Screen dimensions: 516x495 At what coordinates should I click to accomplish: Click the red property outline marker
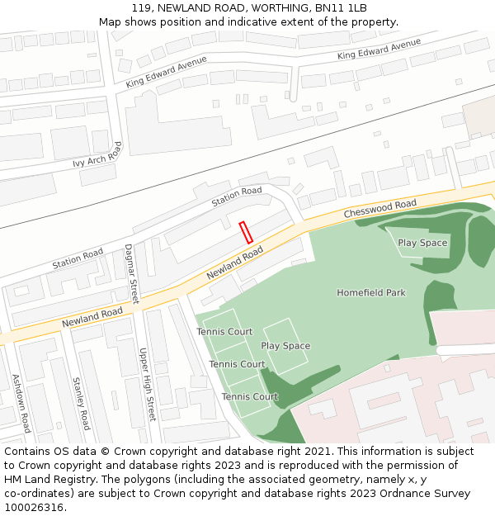(x=245, y=232)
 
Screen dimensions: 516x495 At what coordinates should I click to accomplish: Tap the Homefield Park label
(x=371, y=293)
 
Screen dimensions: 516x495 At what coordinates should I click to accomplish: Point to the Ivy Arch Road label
(x=97, y=154)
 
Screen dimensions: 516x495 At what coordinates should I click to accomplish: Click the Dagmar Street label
(x=130, y=273)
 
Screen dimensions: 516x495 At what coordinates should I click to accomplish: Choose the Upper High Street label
(x=147, y=383)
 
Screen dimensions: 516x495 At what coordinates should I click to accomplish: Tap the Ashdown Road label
(x=21, y=403)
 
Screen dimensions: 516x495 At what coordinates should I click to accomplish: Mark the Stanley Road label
(x=81, y=403)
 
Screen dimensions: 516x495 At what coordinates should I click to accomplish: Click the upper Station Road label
(x=236, y=197)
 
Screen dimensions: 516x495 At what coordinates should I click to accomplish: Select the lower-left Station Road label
(x=78, y=258)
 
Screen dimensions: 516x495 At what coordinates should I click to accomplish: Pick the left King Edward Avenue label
(x=166, y=73)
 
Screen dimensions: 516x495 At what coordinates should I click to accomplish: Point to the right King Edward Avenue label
(x=374, y=50)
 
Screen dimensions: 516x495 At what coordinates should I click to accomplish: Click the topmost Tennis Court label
(x=224, y=332)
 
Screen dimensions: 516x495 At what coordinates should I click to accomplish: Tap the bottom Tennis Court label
(x=249, y=397)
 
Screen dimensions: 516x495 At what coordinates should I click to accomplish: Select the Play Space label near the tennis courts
(x=285, y=346)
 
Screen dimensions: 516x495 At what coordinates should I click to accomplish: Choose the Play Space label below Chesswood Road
(x=422, y=243)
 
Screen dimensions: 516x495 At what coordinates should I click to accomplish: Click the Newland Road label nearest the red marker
(x=235, y=262)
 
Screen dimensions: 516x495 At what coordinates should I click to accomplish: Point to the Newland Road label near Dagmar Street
(x=92, y=316)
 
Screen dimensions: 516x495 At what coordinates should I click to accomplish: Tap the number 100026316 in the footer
(x=34, y=508)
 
